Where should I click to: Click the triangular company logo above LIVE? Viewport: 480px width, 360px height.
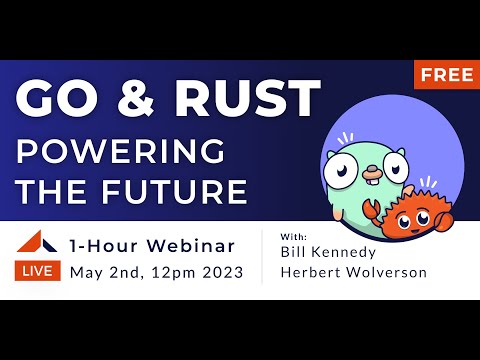40,243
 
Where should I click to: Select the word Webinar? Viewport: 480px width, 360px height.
190,245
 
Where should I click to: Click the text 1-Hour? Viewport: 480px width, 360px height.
105,245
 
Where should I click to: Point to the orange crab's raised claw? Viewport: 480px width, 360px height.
369,212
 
